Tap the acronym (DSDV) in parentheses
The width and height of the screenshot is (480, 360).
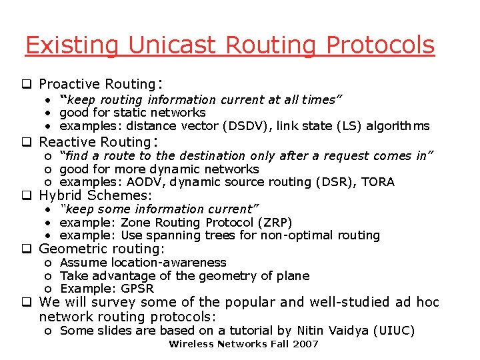tap(255, 126)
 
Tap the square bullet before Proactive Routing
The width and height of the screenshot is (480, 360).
tap(29, 85)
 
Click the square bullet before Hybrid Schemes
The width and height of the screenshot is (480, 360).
tap(29, 196)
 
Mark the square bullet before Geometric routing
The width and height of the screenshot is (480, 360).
tap(29, 249)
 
